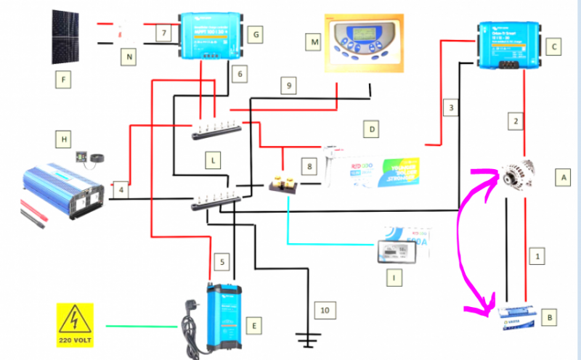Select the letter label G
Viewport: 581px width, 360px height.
253,33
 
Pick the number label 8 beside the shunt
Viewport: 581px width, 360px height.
310,167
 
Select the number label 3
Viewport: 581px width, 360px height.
451,108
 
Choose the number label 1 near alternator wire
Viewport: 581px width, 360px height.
536,255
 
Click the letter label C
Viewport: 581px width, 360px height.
554,47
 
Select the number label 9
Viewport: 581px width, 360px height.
288,86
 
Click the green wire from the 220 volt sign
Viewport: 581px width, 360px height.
142,326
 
